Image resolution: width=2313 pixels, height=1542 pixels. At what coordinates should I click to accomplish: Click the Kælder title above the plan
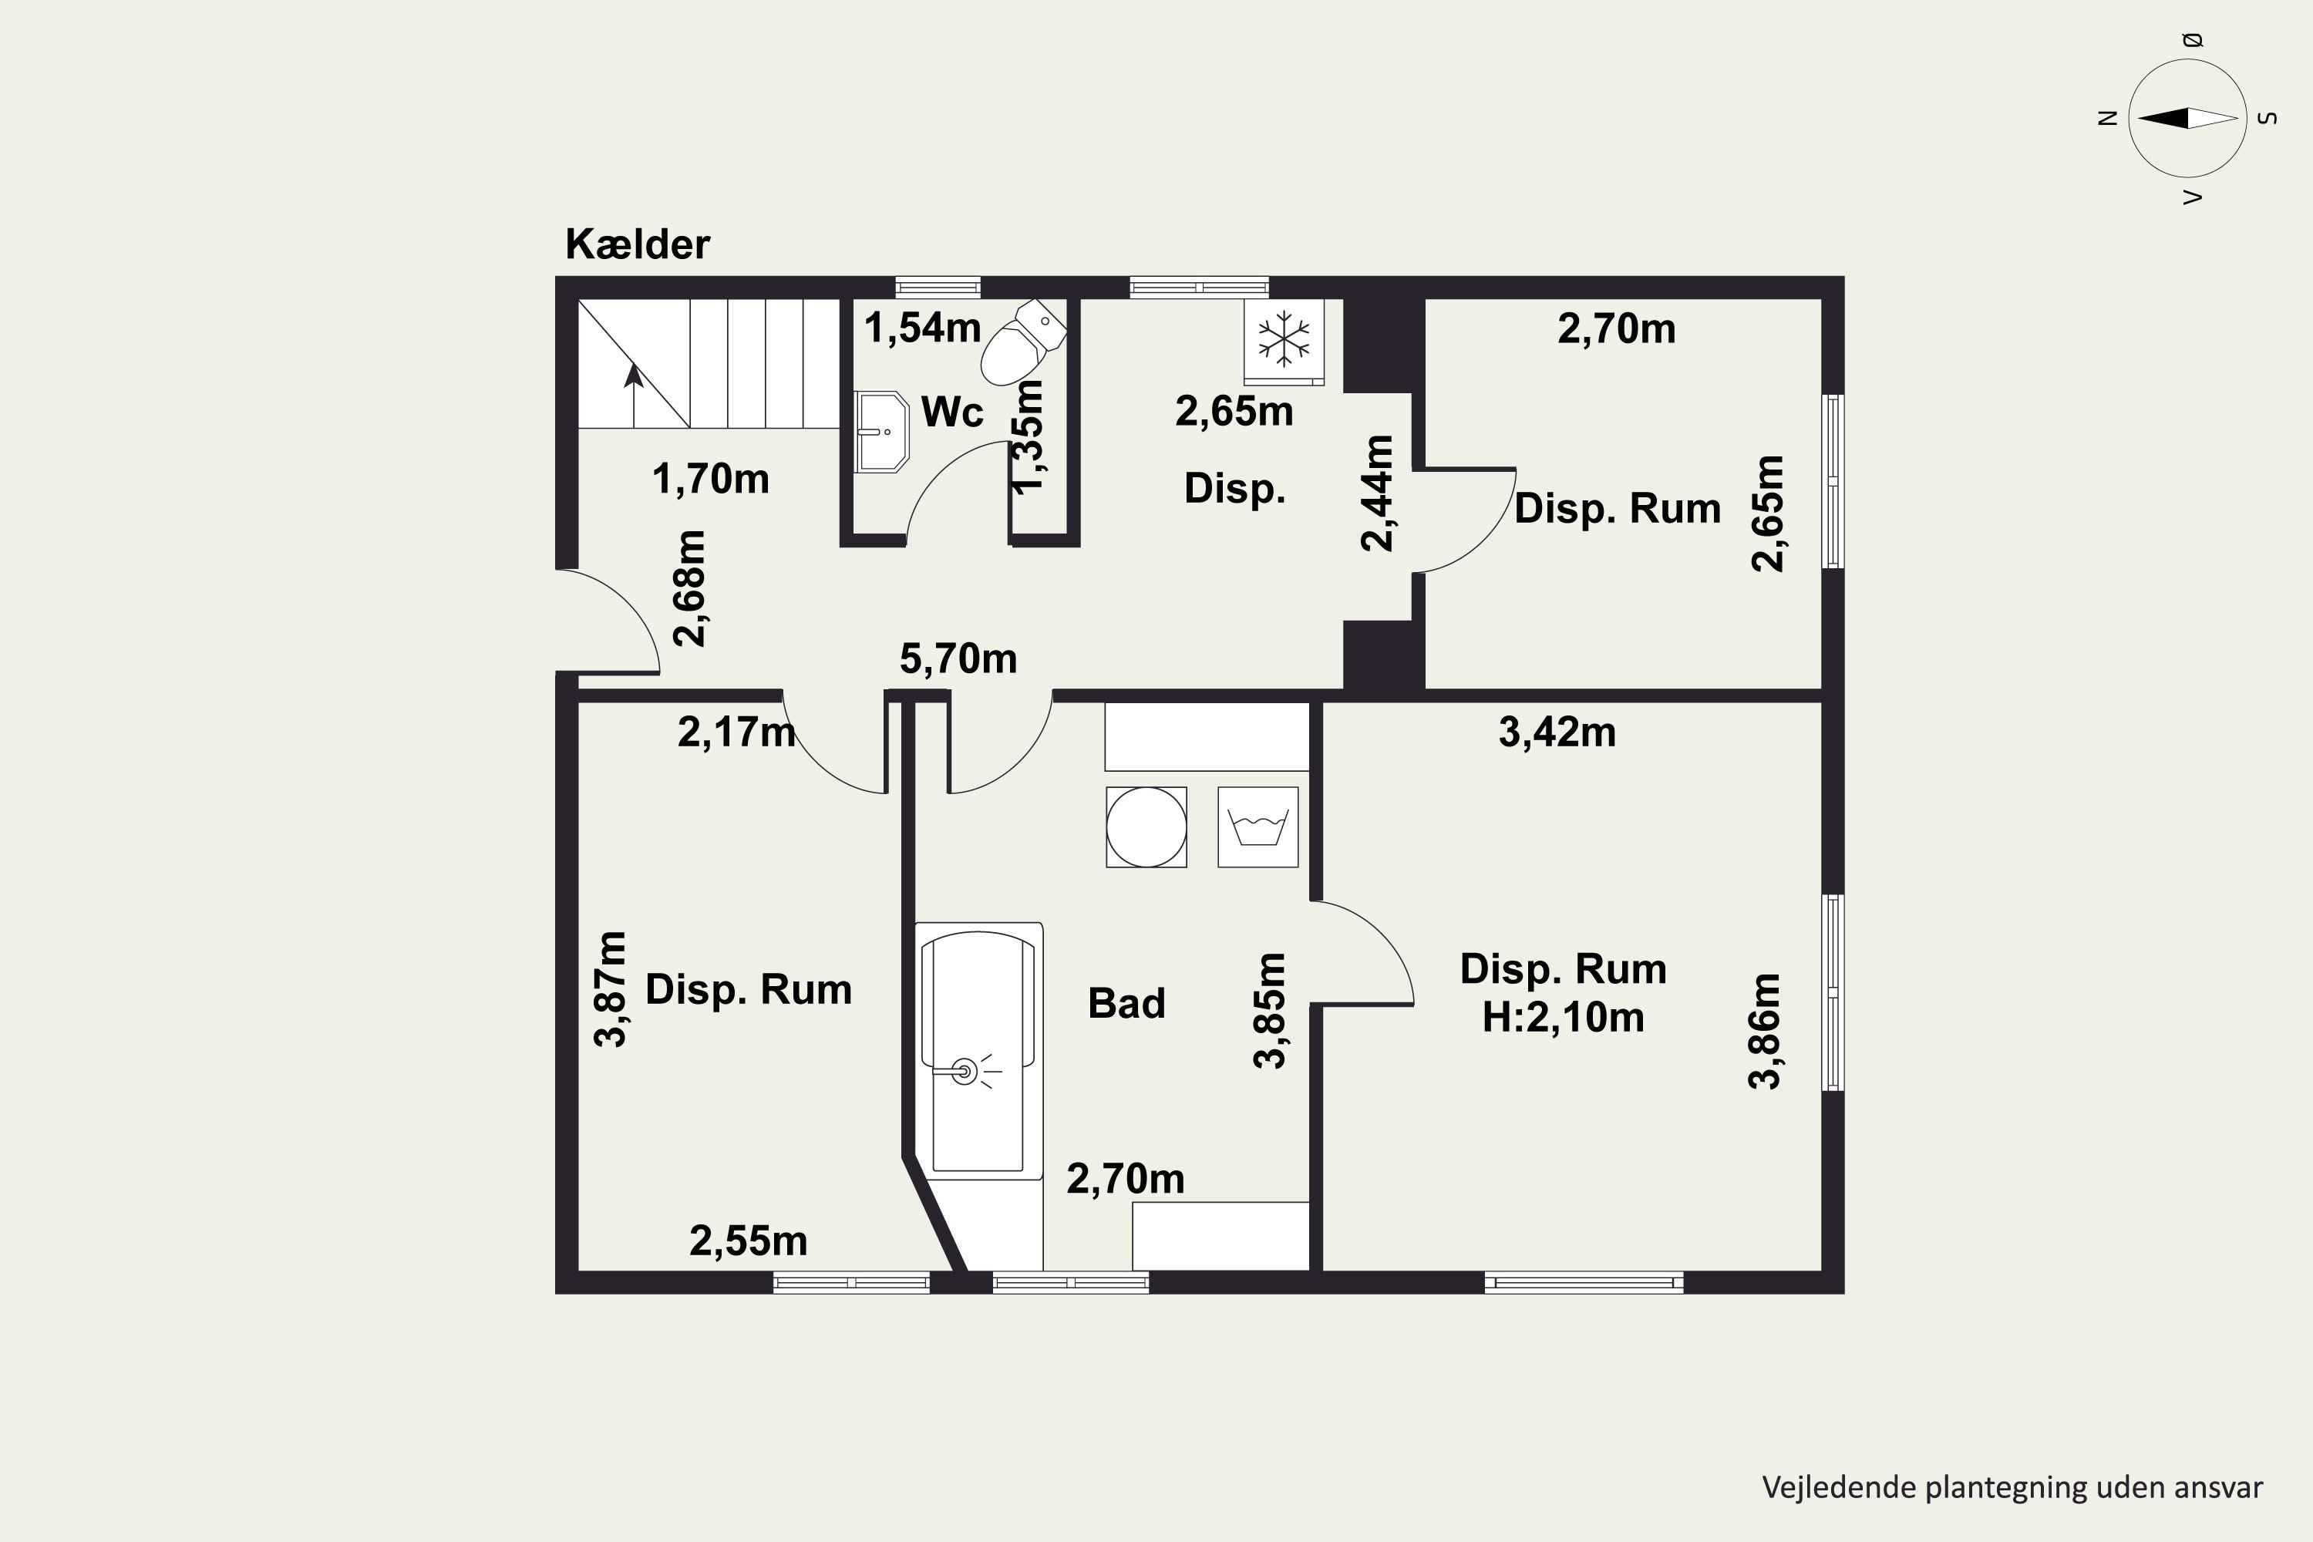[638, 244]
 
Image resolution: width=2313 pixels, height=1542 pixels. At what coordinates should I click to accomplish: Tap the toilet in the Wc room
[1023, 342]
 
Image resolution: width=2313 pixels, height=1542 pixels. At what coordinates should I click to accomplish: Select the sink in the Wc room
[881, 432]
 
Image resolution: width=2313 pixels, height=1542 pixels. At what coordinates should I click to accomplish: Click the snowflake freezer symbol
[1284, 340]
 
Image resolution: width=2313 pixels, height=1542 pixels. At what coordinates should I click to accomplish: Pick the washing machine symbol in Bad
[1258, 827]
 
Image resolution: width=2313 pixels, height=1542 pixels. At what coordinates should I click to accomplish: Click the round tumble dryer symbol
[1146, 827]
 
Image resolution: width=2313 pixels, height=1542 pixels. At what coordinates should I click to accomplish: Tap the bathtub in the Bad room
[978, 1050]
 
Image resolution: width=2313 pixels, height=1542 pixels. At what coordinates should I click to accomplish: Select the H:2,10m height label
[1563, 1017]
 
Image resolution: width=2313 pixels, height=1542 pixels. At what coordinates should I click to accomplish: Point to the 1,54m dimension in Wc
[922, 328]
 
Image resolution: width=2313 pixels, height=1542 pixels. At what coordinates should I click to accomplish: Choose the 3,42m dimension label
[1557, 732]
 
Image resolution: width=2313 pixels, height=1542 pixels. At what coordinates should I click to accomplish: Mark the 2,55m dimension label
[749, 1241]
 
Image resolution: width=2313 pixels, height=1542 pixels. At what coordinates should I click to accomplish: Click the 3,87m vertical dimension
[611, 989]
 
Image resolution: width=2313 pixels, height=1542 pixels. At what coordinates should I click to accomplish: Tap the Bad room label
[1126, 1003]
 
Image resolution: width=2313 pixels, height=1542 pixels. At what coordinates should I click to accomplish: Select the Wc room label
[952, 411]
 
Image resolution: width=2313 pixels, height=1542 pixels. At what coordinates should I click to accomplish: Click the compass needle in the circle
[2187, 118]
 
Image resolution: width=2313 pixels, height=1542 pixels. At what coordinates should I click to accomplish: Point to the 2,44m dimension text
[1377, 493]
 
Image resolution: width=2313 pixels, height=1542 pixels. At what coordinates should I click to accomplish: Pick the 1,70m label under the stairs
[710, 479]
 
